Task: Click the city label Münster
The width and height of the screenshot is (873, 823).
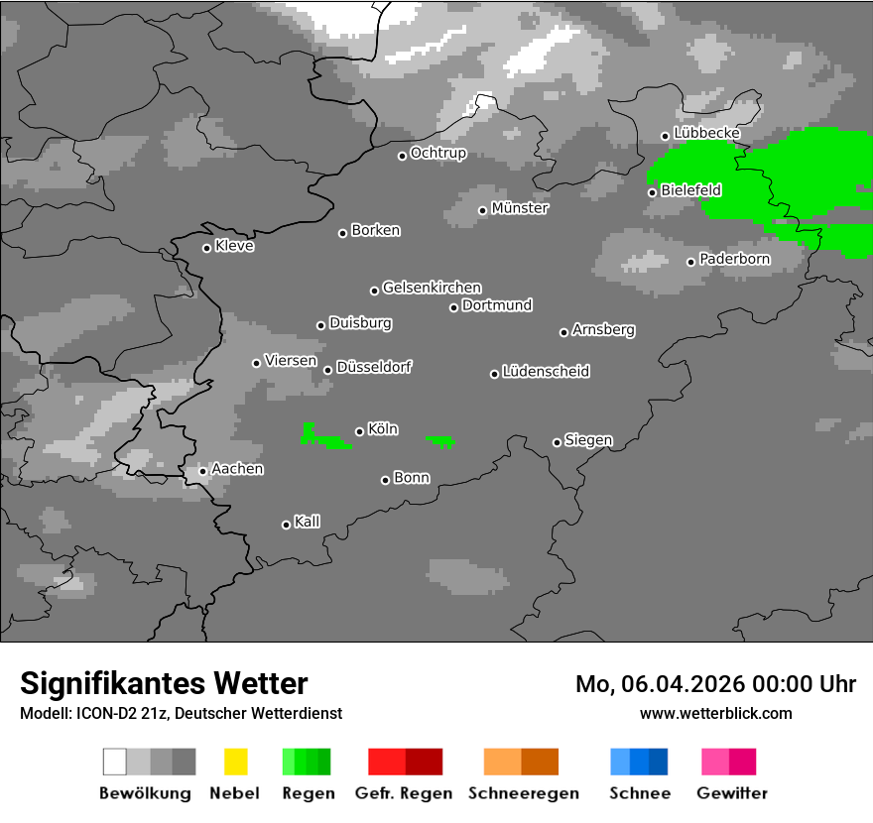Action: (x=520, y=208)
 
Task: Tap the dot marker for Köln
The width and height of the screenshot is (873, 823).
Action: (x=359, y=431)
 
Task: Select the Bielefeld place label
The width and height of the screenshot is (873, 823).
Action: (x=690, y=189)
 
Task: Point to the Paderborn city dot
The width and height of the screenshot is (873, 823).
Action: (x=691, y=262)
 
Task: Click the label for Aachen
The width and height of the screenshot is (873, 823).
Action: (x=237, y=469)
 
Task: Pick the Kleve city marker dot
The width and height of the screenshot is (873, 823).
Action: (x=206, y=248)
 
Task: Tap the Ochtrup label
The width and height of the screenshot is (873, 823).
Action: (x=437, y=154)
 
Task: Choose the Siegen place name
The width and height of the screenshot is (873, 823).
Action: (x=588, y=440)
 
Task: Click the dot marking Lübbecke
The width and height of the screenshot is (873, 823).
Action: (x=665, y=136)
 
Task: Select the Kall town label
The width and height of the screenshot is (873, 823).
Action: (x=308, y=522)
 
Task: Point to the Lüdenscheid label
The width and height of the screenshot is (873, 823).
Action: (x=546, y=372)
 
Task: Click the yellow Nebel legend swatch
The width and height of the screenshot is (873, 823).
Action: (x=235, y=762)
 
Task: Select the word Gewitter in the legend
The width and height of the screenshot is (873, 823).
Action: (x=732, y=793)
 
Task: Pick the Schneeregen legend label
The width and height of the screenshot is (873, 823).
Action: (x=522, y=793)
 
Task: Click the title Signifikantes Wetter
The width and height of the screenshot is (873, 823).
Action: (x=164, y=683)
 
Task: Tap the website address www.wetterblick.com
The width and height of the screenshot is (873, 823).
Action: (x=716, y=713)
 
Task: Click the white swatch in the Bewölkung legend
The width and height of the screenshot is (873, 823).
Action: (x=115, y=762)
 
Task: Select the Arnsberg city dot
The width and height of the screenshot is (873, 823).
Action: (x=563, y=332)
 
